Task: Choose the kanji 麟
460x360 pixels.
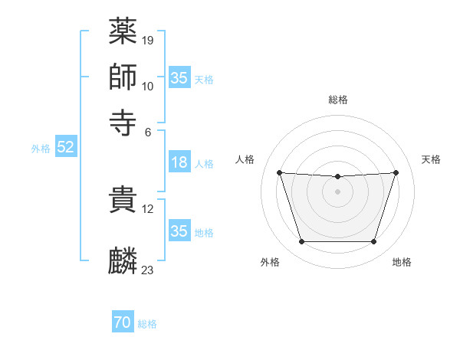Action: (123, 260)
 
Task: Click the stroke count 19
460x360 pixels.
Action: (149, 40)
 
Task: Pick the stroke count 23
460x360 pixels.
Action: (148, 270)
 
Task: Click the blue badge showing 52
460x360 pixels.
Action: (65, 148)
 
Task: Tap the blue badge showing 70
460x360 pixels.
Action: (122, 322)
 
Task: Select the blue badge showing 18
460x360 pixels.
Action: (179, 162)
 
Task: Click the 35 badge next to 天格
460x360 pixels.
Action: (179, 78)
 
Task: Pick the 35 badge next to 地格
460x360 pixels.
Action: (179, 231)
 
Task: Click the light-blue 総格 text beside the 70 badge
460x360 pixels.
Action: (147, 324)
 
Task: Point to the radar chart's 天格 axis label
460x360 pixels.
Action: (431, 159)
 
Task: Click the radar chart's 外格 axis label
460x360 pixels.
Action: (270, 262)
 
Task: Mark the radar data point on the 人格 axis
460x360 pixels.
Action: (279, 172)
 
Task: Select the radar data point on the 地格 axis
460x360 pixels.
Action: (373, 242)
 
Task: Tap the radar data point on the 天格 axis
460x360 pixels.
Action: (396, 172)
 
